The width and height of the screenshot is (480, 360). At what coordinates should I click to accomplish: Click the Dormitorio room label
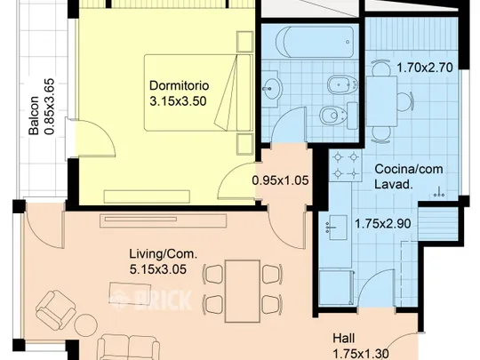pyautogui.click(x=179, y=85)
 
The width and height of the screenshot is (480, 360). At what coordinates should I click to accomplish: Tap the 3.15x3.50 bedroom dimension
pyautogui.click(x=178, y=101)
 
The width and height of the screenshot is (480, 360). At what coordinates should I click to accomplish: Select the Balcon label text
pyautogui.click(x=34, y=116)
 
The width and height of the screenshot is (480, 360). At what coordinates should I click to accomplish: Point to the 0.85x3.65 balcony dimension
pyautogui.click(x=49, y=107)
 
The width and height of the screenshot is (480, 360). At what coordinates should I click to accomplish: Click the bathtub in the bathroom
pyautogui.click(x=315, y=42)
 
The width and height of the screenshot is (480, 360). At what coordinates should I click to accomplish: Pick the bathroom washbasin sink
pyautogui.click(x=270, y=89)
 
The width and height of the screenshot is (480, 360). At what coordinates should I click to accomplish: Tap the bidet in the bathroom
pyautogui.click(x=343, y=84)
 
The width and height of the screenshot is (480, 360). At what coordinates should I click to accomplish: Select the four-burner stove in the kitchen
pyautogui.click(x=346, y=165)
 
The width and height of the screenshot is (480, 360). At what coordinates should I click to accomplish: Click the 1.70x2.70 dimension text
pyautogui.click(x=425, y=68)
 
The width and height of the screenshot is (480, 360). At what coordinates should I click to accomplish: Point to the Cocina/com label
pyautogui.click(x=409, y=169)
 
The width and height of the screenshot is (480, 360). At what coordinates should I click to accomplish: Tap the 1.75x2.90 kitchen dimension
pyautogui.click(x=382, y=224)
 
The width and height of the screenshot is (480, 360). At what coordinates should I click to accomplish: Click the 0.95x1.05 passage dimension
pyautogui.click(x=280, y=180)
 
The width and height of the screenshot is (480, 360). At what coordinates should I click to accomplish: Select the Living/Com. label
pyautogui.click(x=164, y=254)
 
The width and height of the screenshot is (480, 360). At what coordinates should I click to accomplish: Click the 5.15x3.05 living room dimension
pyautogui.click(x=158, y=269)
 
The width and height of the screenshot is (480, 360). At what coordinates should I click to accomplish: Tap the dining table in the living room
pyautogui.click(x=243, y=292)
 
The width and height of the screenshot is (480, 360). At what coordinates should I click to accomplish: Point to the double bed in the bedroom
pyautogui.click(x=198, y=92)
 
